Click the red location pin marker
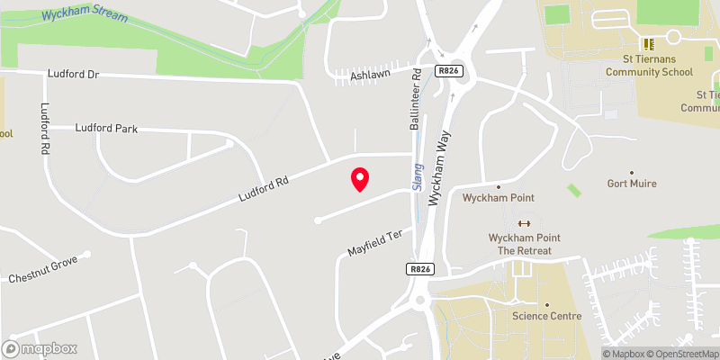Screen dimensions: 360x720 [359, 179]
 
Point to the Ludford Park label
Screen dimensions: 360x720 [106, 129]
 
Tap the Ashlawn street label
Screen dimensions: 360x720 [370, 74]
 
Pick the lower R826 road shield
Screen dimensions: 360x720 [419, 268]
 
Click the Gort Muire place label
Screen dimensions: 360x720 [631, 184]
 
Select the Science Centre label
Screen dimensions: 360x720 [547, 316]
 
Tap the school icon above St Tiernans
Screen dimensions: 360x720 [646, 43]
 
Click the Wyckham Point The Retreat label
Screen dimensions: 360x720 [524, 244]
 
